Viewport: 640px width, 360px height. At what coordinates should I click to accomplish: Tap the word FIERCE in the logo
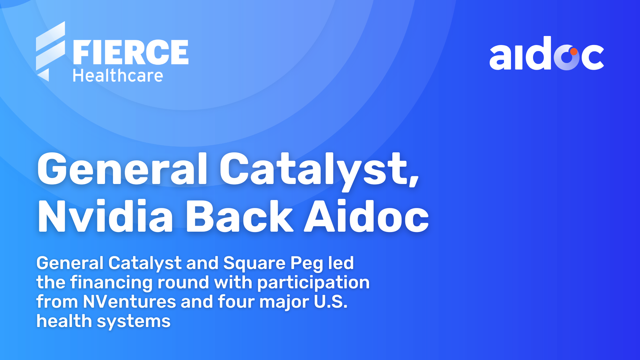pos(131,52)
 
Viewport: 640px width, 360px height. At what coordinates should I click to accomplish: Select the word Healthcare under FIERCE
pos(118,76)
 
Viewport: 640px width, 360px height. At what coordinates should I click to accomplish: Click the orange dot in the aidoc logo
pos(574,52)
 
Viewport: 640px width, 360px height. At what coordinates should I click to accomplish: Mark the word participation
pos(313,283)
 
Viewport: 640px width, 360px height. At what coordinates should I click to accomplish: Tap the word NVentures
pos(129,302)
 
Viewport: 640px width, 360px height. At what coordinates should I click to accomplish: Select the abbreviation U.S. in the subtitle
pos(331,302)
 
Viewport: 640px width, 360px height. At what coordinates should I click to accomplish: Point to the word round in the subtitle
pos(183,282)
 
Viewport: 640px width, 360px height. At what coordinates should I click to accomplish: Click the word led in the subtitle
pos(341,263)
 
